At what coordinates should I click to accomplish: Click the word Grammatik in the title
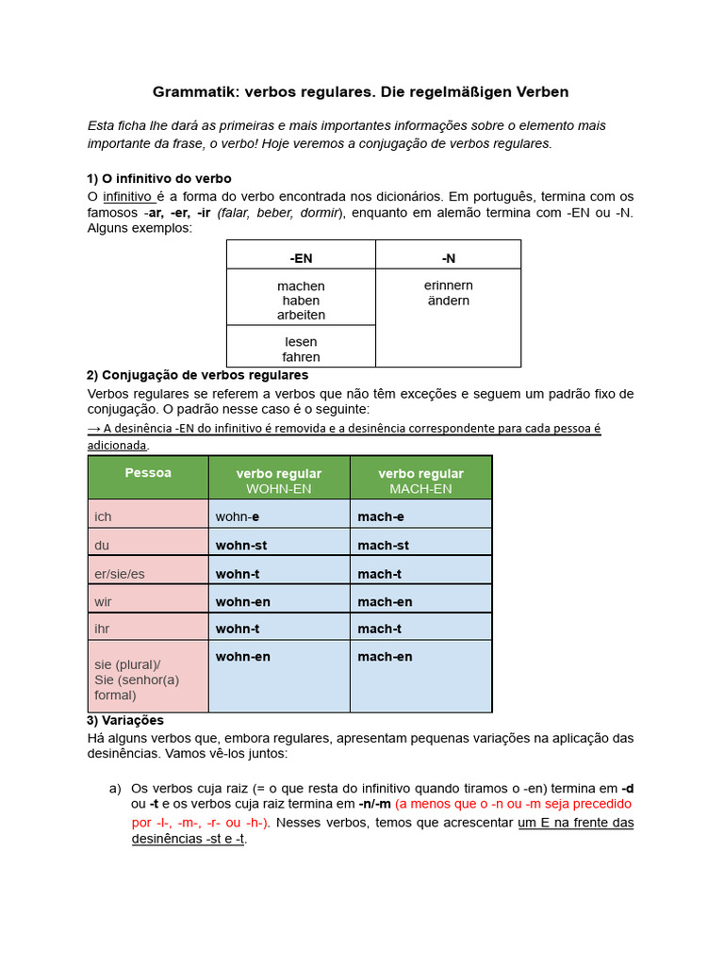tap(194, 92)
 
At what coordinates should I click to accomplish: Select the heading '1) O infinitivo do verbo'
tap(159, 178)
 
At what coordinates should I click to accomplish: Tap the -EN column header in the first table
tap(301, 257)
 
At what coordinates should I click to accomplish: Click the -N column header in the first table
tap(448, 257)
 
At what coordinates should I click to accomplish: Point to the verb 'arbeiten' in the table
tap(301, 315)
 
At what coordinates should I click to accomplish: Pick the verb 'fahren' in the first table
tap(301, 357)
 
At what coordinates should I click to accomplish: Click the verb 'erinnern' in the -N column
tap(448, 286)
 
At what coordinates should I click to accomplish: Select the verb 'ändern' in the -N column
tap(448, 301)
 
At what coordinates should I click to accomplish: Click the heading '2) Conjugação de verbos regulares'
tap(198, 375)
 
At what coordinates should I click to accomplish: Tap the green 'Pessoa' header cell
tap(148, 473)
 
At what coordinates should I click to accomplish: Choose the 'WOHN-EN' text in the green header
tap(278, 489)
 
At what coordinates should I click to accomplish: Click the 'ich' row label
tap(103, 516)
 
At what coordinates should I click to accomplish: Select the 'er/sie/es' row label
tap(120, 574)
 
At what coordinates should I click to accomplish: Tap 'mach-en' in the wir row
tap(385, 601)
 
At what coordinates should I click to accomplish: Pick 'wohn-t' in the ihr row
tap(238, 629)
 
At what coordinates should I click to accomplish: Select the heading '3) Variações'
tap(125, 721)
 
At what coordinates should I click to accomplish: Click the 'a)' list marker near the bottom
tap(116, 788)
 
